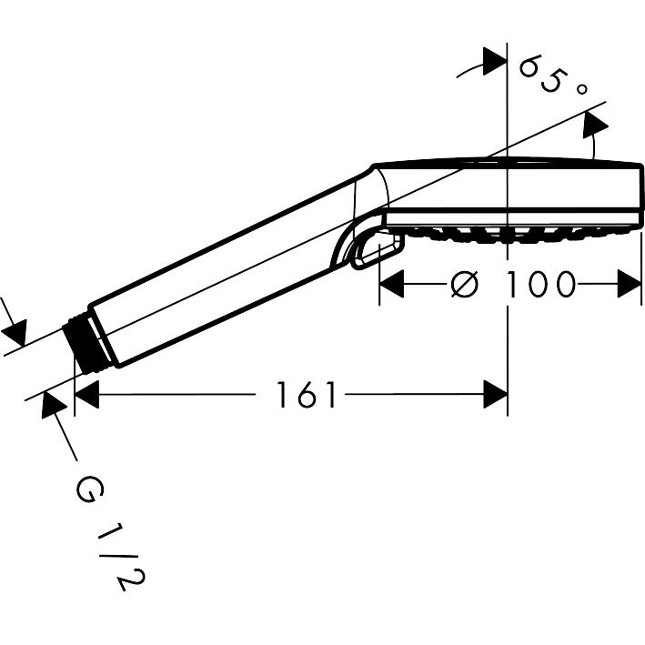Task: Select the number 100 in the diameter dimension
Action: (x=542, y=285)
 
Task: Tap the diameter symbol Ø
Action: (x=464, y=285)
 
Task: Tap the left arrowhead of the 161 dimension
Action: (x=86, y=395)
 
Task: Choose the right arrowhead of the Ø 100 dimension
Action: (x=630, y=285)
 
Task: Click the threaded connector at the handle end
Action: (x=84, y=344)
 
